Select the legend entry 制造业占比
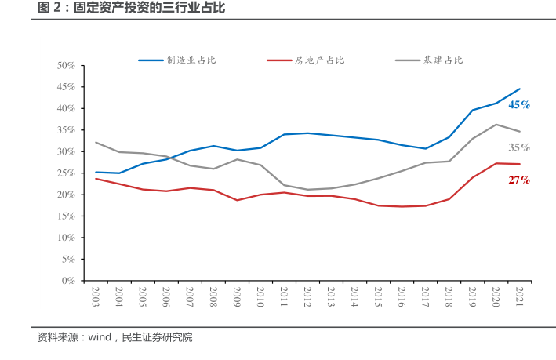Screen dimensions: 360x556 (x=191, y=60)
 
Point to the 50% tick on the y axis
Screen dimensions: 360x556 (x=66, y=65)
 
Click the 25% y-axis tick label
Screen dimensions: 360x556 (x=66, y=173)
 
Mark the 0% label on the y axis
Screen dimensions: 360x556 (x=68, y=280)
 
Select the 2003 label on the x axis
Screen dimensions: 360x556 (x=96, y=297)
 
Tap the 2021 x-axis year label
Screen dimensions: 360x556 (x=519, y=297)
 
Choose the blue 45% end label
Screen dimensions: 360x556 (x=519, y=104)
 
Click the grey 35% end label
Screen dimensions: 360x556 (x=519, y=147)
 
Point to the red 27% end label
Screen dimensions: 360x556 (x=519, y=180)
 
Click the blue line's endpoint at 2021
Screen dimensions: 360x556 (x=519, y=89)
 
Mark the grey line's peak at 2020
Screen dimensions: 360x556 (x=496, y=124)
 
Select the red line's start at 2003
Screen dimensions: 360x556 (x=96, y=179)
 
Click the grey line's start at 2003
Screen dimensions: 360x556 (x=96, y=142)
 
